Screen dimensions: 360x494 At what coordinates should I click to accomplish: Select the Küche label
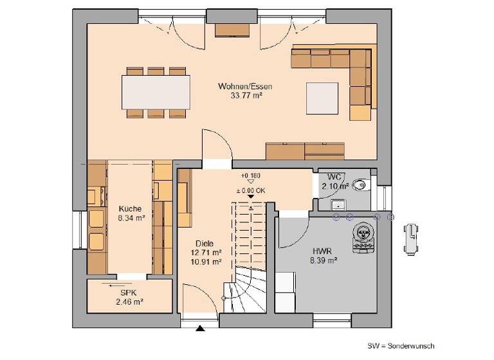131,209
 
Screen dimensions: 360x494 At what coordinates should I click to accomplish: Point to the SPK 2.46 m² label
129,296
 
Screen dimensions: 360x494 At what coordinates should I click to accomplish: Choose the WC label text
334,176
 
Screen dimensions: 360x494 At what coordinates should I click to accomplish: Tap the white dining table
156,93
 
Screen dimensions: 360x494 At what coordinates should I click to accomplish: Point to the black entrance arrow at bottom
201,329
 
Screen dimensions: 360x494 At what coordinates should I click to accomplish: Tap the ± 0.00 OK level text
251,190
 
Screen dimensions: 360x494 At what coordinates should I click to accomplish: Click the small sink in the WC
336,204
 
